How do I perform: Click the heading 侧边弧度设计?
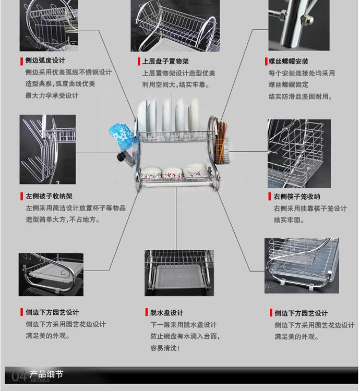(45, 60)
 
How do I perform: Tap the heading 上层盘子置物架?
(165, 62)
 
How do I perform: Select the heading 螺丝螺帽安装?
(288, 62)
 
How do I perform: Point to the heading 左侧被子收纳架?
(49, 196)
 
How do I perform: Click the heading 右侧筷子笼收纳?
(297, 197)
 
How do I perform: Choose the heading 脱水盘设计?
(166, 313)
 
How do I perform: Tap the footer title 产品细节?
(46, 374)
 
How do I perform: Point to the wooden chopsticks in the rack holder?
(221, 142)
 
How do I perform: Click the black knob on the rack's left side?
(121, 156)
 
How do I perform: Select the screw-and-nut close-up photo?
(299, 25)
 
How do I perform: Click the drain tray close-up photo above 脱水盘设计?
(179, 273)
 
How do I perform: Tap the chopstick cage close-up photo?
(299, 154)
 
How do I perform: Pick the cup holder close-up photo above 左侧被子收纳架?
(47, 150)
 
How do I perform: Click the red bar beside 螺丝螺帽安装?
(266, 62)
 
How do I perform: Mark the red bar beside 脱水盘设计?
(147, 312)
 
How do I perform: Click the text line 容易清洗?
(165, 348)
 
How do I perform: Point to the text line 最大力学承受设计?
(52, 95)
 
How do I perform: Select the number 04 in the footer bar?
(19, 376)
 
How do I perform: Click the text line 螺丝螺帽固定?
(289, 85)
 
